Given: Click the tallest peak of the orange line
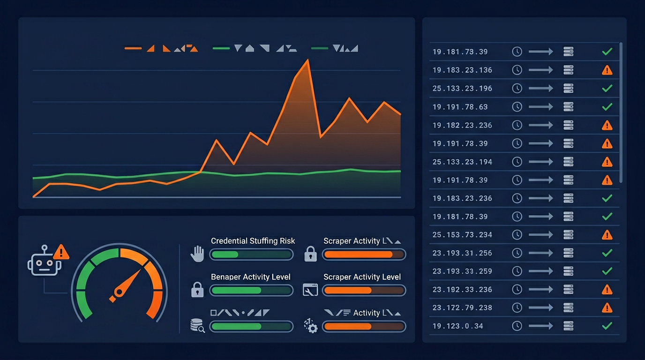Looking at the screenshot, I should (308, 60).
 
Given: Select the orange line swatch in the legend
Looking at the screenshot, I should (133, 48).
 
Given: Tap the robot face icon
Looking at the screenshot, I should (44, 263).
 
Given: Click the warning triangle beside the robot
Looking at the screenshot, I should (61, 253).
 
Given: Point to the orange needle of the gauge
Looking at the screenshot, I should (127, 284).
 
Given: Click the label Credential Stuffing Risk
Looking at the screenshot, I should (253, 241).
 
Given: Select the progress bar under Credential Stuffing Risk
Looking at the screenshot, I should (251, 255).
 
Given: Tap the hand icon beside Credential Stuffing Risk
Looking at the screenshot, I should (197, 254).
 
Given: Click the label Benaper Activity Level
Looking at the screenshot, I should (250, 277).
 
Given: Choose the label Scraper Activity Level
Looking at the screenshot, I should (362, 277).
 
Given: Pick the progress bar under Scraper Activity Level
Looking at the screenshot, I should (364, 291).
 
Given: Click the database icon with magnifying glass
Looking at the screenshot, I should (197, 325).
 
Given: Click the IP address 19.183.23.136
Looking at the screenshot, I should (462, 70).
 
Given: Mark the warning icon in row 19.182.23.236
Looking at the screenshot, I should (607, 125).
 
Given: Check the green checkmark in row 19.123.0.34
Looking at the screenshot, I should (607, 326).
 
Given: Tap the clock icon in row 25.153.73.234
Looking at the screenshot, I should (517, 235).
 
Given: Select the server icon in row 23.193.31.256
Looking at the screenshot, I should (569, 253).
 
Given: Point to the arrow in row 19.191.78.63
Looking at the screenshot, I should (541, 107).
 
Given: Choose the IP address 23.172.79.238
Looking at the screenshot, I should (462, 308).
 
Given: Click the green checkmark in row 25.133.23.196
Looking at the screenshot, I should (607, 89).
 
